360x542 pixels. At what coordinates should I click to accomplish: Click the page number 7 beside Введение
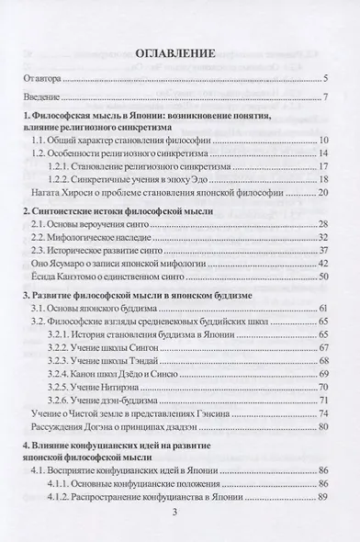tap(326, 97)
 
